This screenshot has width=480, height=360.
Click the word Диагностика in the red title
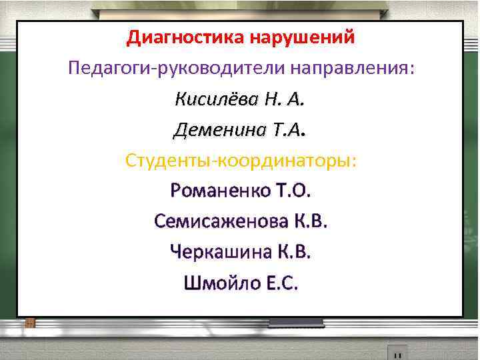click(185, 37)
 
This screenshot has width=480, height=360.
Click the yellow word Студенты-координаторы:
click(240, 161)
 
